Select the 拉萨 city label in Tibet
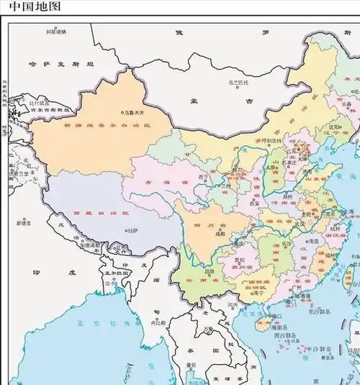(x=131, y=231)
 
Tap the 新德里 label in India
(x=27, y=224)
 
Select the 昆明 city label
(x=212, y=273)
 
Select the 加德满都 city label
(x=91, y=246)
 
